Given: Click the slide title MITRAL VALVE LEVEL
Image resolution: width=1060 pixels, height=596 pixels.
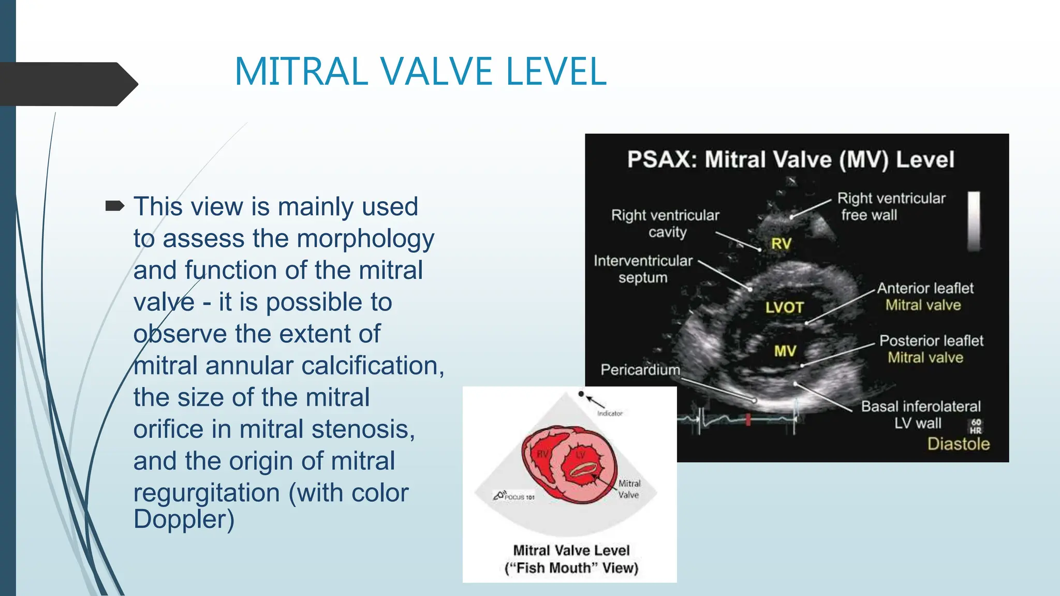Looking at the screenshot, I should click(420, 71).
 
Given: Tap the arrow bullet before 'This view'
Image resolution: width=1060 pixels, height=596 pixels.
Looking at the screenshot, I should click(114, 206).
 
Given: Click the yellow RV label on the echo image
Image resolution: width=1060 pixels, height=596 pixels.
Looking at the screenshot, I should click(781, 243).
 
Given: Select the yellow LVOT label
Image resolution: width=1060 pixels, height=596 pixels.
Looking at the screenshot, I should click(784, 307).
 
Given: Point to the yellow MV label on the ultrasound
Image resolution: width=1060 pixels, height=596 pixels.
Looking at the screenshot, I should click(785, 351).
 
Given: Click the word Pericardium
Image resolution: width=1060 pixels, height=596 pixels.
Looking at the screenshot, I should click(640, 369).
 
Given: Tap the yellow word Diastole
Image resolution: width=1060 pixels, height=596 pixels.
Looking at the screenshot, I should click(958, 444).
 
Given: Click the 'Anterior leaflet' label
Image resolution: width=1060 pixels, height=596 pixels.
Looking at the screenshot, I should click(925, 288).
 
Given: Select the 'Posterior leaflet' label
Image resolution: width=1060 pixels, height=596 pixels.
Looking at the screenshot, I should click(931, 340).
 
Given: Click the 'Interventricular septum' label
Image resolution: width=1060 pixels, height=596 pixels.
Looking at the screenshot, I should click(643, 269).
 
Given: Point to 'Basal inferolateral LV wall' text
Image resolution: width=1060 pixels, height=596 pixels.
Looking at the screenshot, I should click(921, 414).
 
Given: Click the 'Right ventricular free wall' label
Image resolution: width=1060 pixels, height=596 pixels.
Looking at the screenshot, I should click(891, 206).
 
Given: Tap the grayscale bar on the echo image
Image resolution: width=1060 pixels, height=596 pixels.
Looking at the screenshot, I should click(974, 221).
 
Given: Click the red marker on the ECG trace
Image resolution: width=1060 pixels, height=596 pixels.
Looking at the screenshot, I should click(748, 419).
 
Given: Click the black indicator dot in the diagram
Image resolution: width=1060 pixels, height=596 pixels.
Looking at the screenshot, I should click(581, 394).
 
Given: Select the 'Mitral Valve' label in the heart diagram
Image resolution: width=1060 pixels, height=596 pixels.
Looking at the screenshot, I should click(629, 489).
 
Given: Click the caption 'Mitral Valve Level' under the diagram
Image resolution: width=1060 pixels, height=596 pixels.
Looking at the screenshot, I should click(571, 550).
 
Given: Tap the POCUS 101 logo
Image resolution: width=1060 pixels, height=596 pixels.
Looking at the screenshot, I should click(514, 496).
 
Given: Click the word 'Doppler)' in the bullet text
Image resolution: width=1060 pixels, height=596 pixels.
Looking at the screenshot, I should click(184, 519).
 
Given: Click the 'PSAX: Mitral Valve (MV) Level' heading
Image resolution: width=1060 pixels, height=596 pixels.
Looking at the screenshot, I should click(790, 159).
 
